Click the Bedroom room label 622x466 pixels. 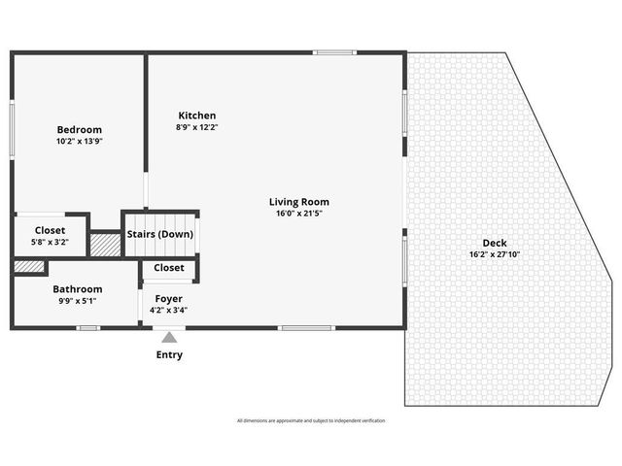coord(79,129)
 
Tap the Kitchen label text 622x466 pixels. coord(196,116)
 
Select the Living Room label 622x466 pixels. coord(298,202)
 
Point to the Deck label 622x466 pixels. coord(494,243)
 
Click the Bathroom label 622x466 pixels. coord(78,288)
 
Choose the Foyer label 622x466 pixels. coord(168,298)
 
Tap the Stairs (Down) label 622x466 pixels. coord(160,234)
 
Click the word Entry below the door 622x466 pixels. coord(169,354)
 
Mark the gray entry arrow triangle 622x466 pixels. coord(169,338)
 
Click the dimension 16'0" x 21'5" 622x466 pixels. coord(298,214)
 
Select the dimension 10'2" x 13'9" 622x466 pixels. coord(79,141)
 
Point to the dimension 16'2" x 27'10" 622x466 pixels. coord(494,254)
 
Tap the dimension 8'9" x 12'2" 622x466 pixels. coord(196,127)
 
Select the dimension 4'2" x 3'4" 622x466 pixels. coord(168,310)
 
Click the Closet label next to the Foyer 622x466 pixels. coord(169,267)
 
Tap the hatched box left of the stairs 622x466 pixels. coord(105,244)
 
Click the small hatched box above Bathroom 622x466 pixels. coord(29,266)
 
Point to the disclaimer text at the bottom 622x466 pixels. coord(310,420)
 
